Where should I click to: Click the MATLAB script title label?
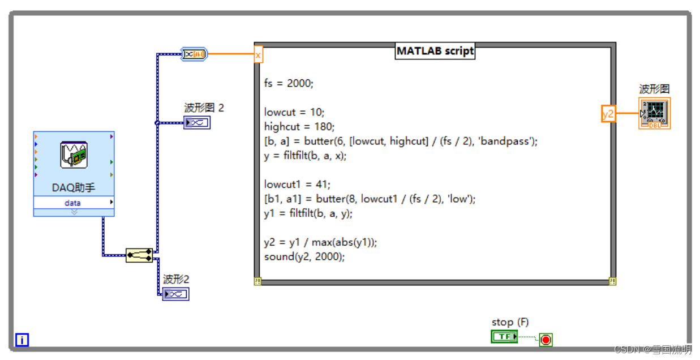click(x=435, y=51)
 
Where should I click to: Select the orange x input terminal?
click(x=258, y=55)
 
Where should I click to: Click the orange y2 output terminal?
click(x=608, y=114)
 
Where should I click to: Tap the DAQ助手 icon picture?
click(x=74, y=156)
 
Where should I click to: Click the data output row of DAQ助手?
click(x=74, y=203)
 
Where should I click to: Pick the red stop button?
click(x=546, y=340)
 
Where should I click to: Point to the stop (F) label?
click(x=510, y=322)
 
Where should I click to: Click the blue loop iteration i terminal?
click(x=22, y=340)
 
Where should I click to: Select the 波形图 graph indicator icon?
click(x=655, y=113)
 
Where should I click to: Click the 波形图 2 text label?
click(x=204, y=108)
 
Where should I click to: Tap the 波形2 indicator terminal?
click(x=175, y=294)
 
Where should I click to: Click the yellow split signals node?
click(x=139, y=255)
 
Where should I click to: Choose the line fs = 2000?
click(x=289, y=83)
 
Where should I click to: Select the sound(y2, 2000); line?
click(x=304, y=256)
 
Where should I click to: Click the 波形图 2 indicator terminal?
click(x=196, y=122)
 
